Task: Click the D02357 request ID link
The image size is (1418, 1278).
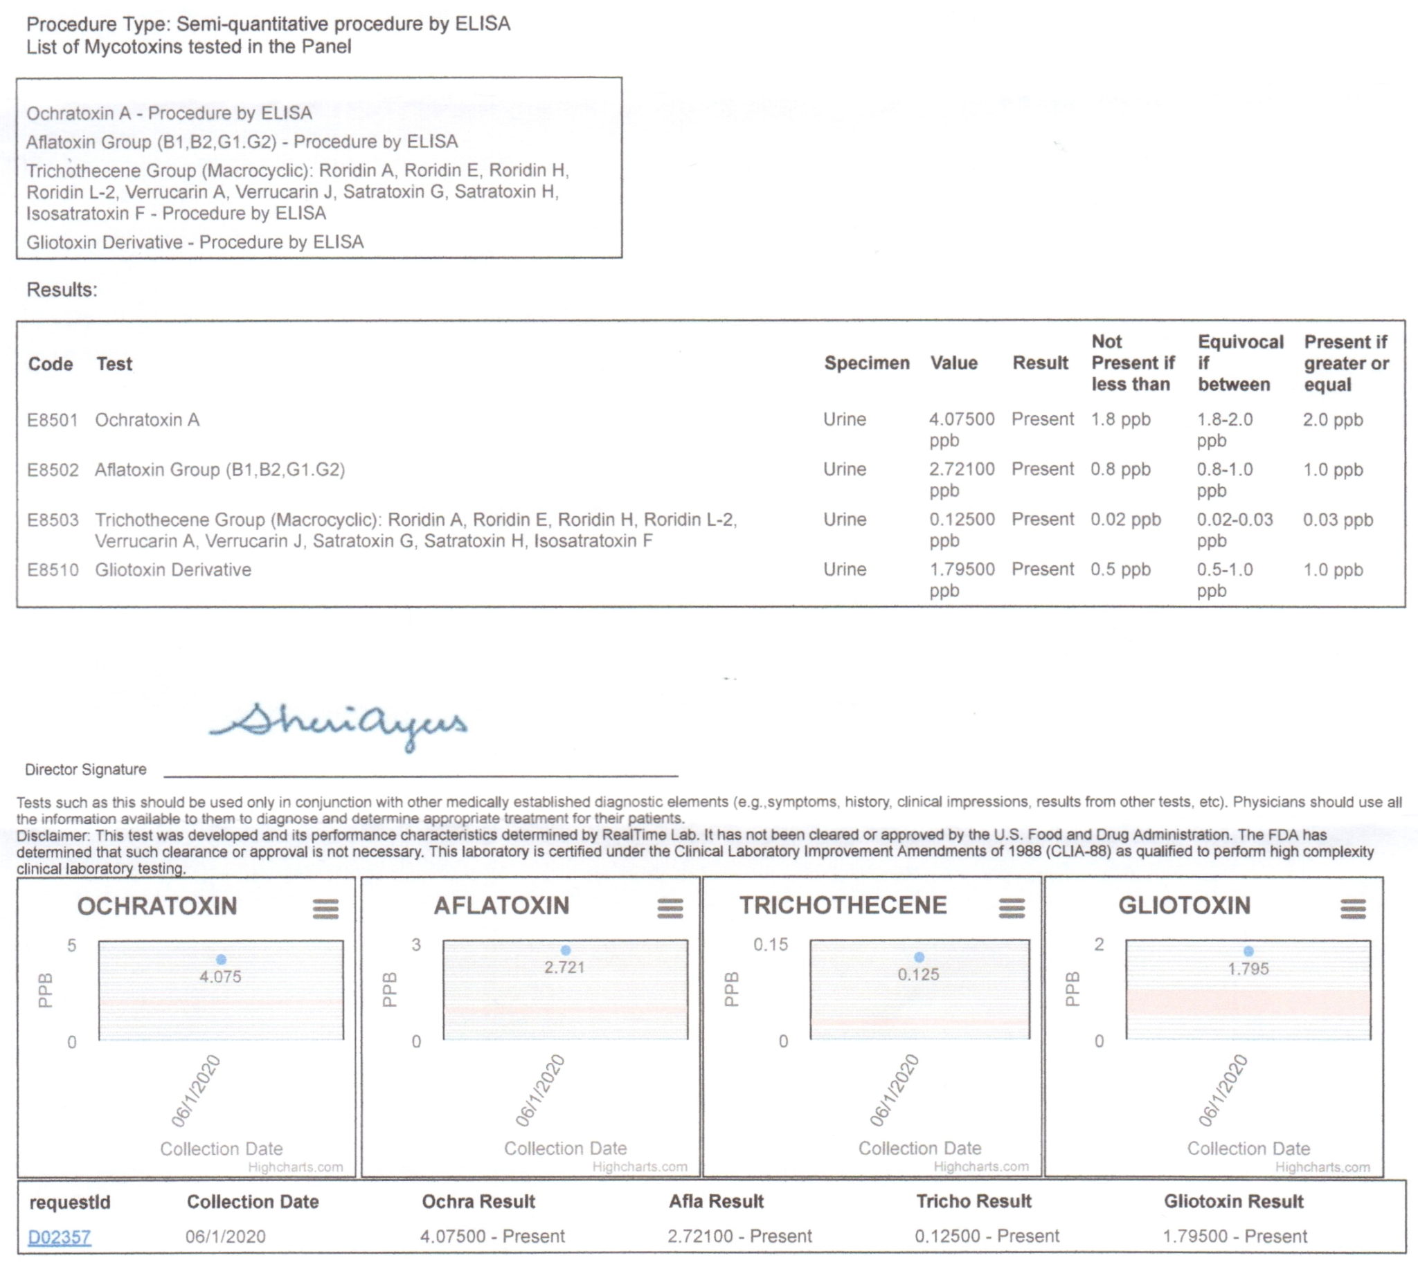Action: pos(59,1236)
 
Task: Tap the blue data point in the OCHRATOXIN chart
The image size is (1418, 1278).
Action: pos(222,959)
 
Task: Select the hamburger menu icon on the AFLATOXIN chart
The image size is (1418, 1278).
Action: pos(670,909)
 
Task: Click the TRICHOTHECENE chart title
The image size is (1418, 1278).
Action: pos(843,905)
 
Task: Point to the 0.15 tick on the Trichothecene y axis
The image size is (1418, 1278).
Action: pos(770,944)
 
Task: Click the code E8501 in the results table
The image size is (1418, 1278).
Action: pos(52,420)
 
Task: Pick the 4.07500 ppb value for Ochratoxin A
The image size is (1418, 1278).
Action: pos(961,429)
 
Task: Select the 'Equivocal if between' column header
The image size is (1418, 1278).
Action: pos(1239,363)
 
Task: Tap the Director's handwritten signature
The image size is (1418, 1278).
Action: pos(337,724)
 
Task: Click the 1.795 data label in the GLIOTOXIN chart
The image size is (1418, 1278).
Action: pos(1248,969)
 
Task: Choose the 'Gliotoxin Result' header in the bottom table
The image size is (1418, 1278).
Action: pos(1233,1201)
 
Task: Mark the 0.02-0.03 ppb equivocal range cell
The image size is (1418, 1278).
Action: pos(1234,529)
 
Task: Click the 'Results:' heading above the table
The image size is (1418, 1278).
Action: pos(62,289)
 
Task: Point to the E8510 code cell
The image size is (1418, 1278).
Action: pos(52,569)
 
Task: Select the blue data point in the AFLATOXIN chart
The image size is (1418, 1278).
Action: pos(566,950)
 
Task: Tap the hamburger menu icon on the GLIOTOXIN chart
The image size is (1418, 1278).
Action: pos(1353,909)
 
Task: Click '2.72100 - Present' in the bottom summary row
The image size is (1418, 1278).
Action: pos(739,1236)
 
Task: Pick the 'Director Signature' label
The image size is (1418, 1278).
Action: pos(86,769)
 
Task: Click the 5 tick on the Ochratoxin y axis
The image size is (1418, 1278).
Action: pos(72,945)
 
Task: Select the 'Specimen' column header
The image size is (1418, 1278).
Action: pos(866,363)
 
